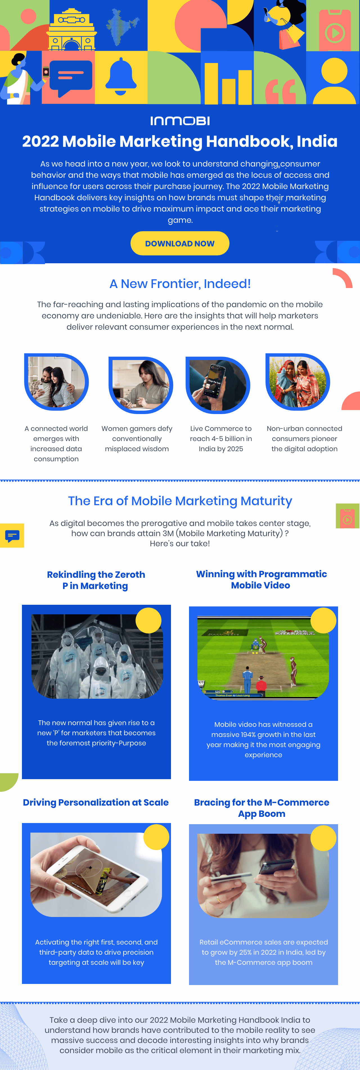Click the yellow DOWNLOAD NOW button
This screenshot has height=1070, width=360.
180,243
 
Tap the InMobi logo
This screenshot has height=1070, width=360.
180,121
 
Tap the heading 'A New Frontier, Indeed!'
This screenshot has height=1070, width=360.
180,284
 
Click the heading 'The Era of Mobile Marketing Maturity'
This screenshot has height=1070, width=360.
180,501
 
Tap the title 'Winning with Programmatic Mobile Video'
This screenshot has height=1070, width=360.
261,580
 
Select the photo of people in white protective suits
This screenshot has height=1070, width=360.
97,656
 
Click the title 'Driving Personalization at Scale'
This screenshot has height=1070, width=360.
96,803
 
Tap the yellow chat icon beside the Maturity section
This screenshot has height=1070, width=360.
12,535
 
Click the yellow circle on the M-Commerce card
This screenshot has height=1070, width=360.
323,838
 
